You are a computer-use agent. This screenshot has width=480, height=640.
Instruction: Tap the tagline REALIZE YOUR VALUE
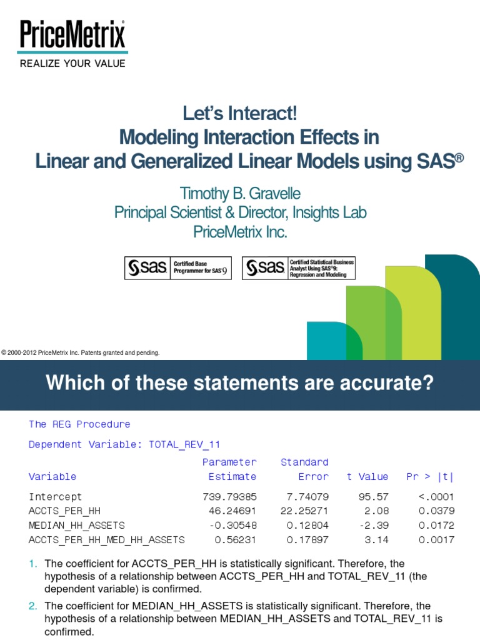(72, 63)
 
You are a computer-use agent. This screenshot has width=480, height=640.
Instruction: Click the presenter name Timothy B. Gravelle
(240, 193)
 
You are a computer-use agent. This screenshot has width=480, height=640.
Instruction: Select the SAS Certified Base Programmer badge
(178, 267)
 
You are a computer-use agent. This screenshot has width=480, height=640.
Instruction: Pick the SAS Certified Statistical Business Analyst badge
(298, 267)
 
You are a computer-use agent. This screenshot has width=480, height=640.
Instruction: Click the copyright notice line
(81, 353)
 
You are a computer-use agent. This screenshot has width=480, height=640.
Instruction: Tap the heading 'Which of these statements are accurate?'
(239, 383)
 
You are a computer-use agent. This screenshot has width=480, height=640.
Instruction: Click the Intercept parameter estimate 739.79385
(229, 497)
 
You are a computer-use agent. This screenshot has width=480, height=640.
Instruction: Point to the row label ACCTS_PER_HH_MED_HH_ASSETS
(107, 540)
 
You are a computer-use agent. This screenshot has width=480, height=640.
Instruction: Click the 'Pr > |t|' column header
(430, 477)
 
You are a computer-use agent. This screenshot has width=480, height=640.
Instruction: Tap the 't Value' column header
(367, 477)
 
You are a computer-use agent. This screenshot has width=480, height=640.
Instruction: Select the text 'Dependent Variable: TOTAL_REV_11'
(124, 445)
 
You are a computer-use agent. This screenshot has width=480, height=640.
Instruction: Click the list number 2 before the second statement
(32, 606)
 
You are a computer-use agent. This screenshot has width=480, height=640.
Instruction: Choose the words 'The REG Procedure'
(79, 424)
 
